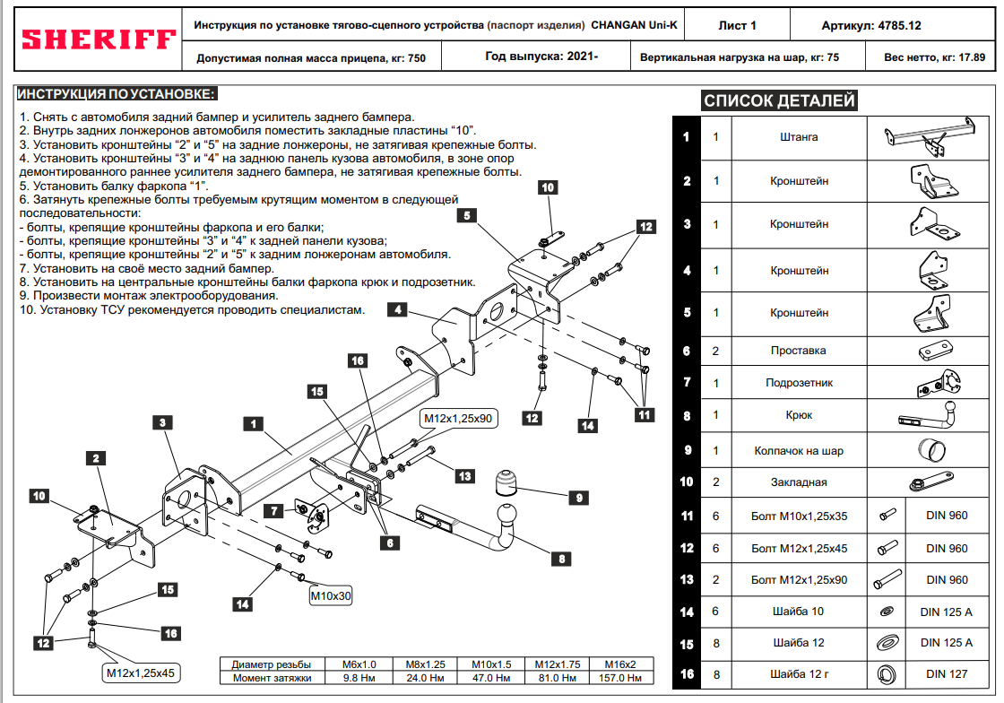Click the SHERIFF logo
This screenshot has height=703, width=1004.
pyautogui.click(x=99, y=39)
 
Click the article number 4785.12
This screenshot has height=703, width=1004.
pyautogui.click(x=900, y=26)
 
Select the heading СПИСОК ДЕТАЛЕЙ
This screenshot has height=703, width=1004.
pyautogui.click(x=779, y=100)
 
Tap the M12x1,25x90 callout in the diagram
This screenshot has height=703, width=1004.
pyautogui.click(x=458, y=419)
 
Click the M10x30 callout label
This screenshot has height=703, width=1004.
pyautogui.click(x=331, y=596)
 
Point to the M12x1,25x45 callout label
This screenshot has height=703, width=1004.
pyautogui.click(x=140, y=673)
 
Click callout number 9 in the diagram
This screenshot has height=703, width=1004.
pyautogui.click(x=579, y=498)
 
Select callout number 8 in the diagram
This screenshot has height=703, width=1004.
pyautogui.click(x=561, y=559)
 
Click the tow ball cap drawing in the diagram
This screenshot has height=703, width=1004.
pyautogui.click(x=506, y=483)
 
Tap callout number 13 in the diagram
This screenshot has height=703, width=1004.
pyautogui.click(x=465, y=476)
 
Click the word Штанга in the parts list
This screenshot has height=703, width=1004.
pyautogui.click(x=799, y=137)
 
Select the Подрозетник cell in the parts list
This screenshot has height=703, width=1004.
pyautogui.click(x=799, y=383)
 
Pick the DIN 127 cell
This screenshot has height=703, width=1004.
pyautogui.click(x=947, y=674)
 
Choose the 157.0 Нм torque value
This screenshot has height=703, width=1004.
pyautogui.click(x=620, y=678)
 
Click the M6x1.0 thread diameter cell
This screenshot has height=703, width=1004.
pyautogui.click(x=359, y=664)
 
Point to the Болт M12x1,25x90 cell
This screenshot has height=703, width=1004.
pyautogui.click(x=799, y=580)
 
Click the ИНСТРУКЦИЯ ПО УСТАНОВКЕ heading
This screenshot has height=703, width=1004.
pyautogui.click(x=116, y=94)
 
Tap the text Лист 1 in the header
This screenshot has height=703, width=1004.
pyautogui.click(x=737, y=26)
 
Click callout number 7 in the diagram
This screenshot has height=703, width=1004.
pyautogui.click(x=274, y=510)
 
